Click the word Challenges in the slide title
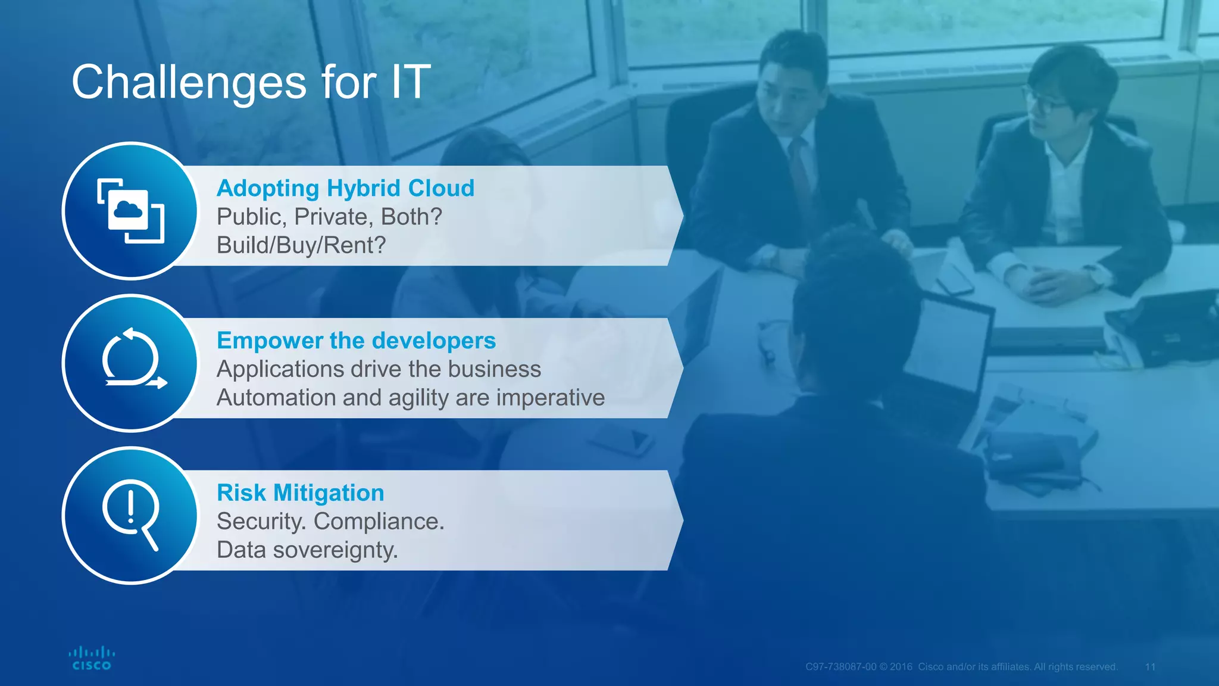point(189,82)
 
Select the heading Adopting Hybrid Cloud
point(345,188)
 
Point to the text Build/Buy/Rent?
point(301,245)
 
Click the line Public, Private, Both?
point(329,217)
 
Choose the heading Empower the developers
point(356,341)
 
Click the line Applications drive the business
point(379,369)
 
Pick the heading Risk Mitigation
point(300,493)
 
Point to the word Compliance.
point(379,522)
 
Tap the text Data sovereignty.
point(307,550)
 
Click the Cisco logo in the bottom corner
point(91,658)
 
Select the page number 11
point(1150,667)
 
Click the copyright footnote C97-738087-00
point(840,667)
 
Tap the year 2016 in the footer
point(901,667)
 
